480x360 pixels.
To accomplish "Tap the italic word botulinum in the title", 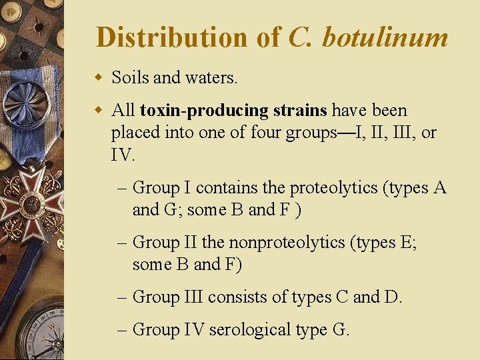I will [x=385, y=38].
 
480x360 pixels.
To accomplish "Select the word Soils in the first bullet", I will [x=130, y=78].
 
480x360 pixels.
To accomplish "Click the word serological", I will [x=250, y=329].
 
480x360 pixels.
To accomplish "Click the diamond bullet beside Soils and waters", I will [x=99, y=78].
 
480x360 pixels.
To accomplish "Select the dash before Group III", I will [x=125, y=297].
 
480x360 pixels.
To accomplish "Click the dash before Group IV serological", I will [x=125, y=329].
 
